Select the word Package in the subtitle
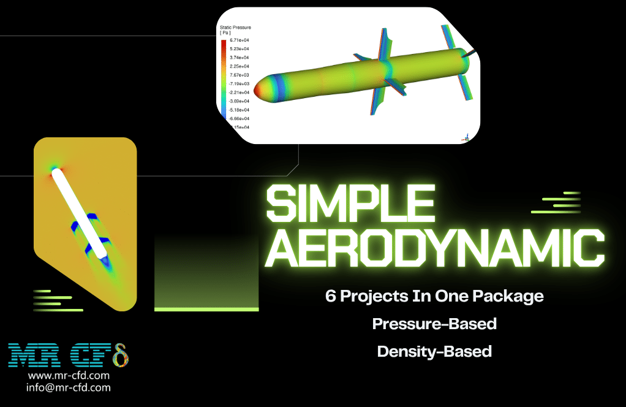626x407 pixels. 509,296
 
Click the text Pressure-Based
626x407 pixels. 434,324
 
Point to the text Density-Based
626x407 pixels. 434,351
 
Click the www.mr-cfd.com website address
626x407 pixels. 69,375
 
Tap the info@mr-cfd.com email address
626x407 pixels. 69,387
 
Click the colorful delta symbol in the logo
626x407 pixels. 120,355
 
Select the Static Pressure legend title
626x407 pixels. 235,28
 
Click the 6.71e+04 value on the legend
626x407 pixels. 239,40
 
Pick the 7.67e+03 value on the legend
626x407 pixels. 239,75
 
